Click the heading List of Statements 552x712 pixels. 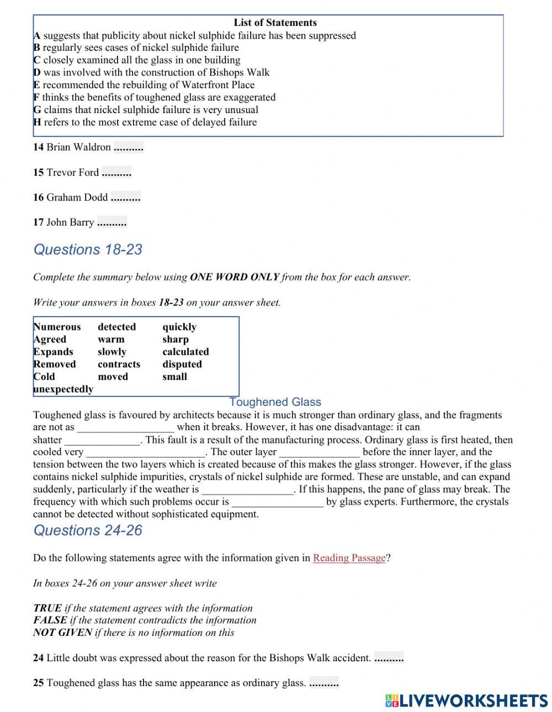(x=275, y=23)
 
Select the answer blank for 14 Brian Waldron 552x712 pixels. (x=128, y=147)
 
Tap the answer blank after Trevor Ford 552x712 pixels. (x=116, y=173)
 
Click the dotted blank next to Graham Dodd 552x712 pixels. (x=125, y=197)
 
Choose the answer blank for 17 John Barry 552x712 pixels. (x=112, y=222)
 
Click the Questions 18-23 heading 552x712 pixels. (x=88, y=249)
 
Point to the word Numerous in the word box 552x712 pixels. (x=57, y=327)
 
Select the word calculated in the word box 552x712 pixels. (x=185, y=352)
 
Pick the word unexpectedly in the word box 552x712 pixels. (x=63, y=389)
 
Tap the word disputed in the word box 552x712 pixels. (x=182, y=365)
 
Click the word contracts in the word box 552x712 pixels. (x=119, y=365)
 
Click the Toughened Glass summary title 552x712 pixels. (x=275, y=402)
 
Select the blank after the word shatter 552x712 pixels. (x=102, y=440)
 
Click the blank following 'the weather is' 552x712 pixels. (x=247, y=490)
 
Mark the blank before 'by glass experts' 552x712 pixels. (x=277, y=502)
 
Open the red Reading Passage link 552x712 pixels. (x=349, y=558)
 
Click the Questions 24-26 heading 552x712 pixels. (x=88, y=530)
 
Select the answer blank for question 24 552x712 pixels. (x=389, y=658)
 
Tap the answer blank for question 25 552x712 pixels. (x=323, y=683)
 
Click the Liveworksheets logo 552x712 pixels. (x=466, y=700)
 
